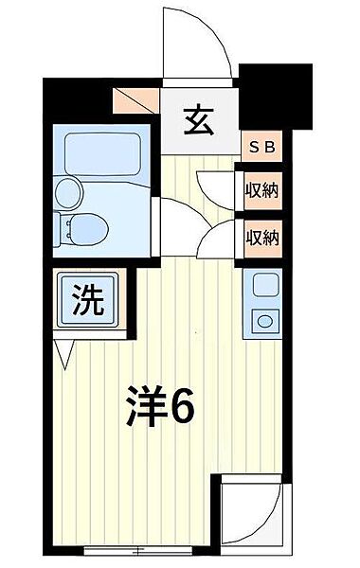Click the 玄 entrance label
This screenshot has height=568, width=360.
[198, 121]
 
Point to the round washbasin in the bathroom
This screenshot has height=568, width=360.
[68, 192]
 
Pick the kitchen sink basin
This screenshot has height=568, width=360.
[262, 282]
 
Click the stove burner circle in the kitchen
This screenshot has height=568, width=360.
[262, 320]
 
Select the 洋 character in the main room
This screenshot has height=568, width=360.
[145, 408]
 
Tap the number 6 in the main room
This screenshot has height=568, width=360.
[182, 408]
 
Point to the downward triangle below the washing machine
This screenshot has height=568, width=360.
[64, 357]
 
